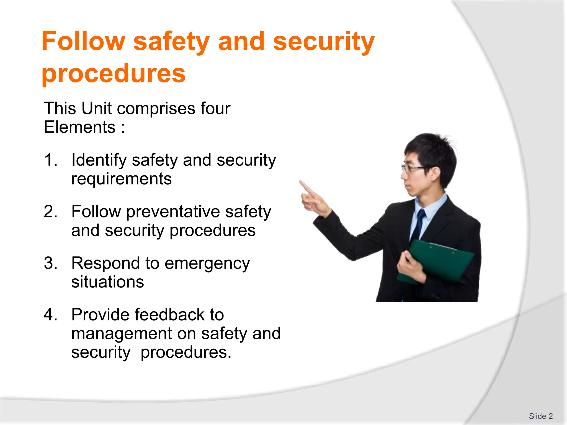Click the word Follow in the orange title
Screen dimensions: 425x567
(83, 42)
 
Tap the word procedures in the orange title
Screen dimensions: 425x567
(114, 74)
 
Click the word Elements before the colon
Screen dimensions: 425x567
(79, 127)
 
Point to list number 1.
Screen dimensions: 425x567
(50, 160)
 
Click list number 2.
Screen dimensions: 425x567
(50, 212)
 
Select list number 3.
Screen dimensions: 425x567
(50, 263)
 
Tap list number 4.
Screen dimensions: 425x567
(50, 315)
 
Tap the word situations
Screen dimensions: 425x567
(107, 282)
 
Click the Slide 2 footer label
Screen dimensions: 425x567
(540, 416)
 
